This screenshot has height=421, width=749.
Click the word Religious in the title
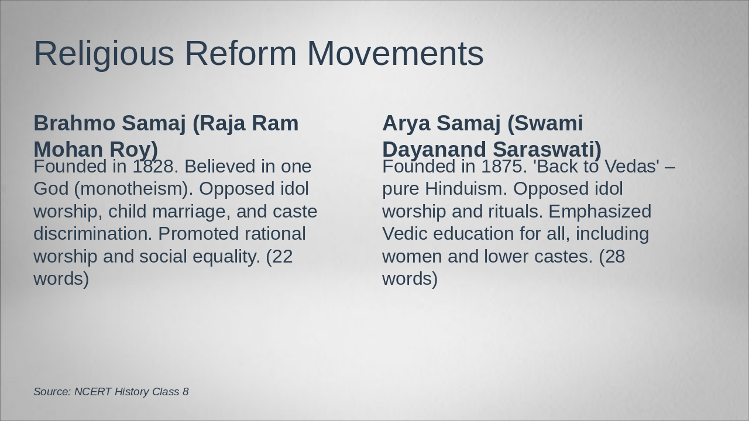tap(104, 54)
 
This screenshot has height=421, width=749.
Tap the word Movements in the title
tap(395, 54)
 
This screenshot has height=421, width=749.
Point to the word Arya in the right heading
tap(406, 123)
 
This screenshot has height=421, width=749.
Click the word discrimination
tap(93, 234)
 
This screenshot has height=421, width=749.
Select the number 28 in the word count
tap(614, 257)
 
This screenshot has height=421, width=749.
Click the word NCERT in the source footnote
tap(92, 392)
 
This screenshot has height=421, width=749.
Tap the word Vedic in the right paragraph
tap(405, 234)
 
